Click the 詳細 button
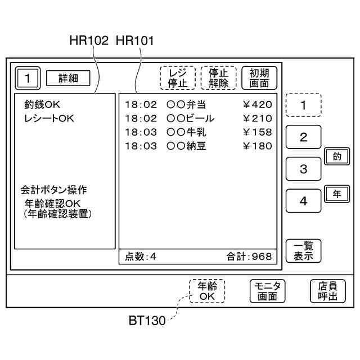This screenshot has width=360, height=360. click(x=68, y=78)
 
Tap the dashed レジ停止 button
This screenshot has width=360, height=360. click(x=177, y=78)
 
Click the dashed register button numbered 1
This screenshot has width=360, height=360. click(x=303, y=105)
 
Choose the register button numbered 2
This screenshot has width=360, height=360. click(x=303, y=137)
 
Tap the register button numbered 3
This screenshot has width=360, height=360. click(x=303, y=169)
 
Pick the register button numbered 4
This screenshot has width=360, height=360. click(x=303, y=201)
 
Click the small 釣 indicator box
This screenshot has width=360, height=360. click(x=336, y=156)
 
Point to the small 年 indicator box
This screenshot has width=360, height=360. click(x=336, y=193)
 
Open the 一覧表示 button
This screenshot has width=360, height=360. click(x=303, y=250)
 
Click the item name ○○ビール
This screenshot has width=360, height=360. click(x=191, y=119)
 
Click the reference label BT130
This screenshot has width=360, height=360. click(x=147, y=321)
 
